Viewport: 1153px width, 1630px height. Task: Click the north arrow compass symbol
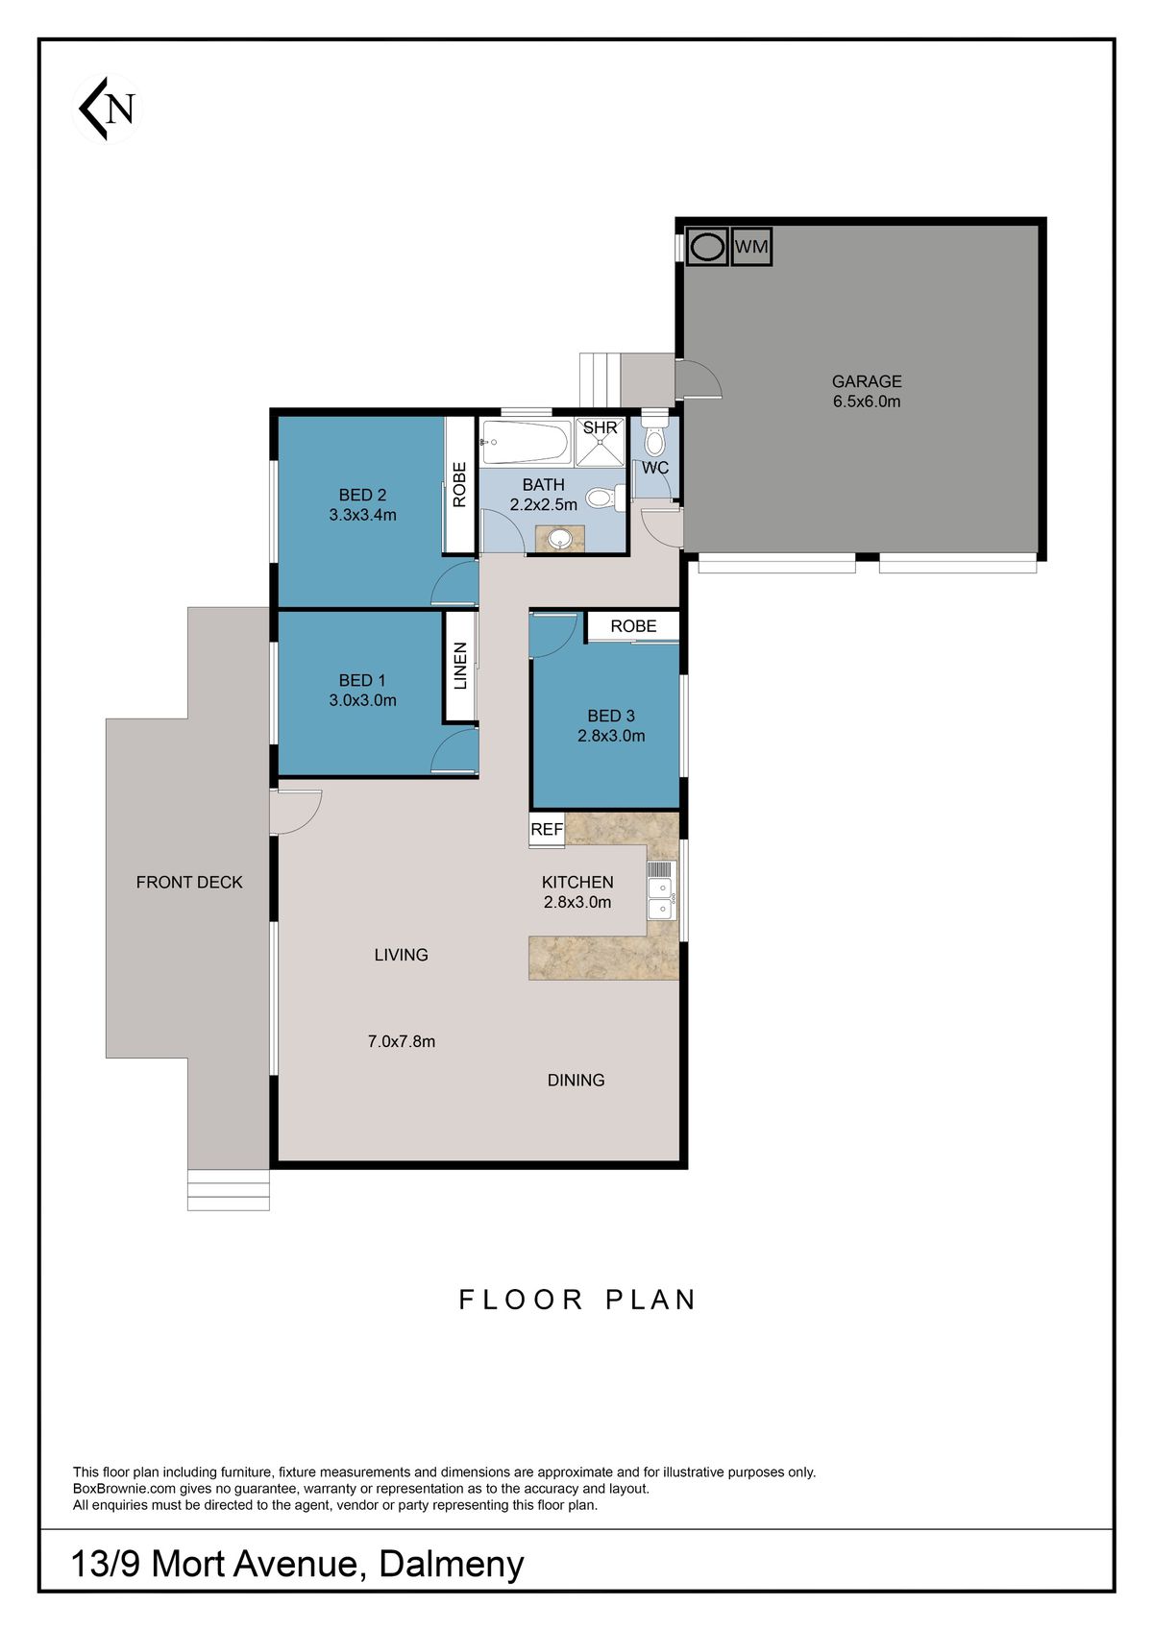tap(107, 109)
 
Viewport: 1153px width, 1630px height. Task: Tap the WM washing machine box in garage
tap(751, 247)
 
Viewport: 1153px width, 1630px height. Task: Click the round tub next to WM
tap(708, 247)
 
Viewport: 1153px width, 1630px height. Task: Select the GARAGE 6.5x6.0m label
tap(867, 392)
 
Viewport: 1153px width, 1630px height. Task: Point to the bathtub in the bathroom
tap(525, 442)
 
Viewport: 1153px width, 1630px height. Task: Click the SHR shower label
tap(600, 428)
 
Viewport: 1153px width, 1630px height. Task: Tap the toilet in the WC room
tap(655, 441)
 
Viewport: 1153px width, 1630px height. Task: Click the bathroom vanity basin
tap(560, 538)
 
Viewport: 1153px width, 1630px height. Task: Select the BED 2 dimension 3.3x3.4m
tap(362, 515)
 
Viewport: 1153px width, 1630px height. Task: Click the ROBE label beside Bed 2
tap(459, 485)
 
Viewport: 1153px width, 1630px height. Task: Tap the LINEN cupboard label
tap(460, 666)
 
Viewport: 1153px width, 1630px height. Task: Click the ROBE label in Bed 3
tap(633, 626)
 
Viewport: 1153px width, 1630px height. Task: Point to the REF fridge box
tap(547, 830)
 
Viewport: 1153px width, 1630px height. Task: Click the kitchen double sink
tap(660, 890)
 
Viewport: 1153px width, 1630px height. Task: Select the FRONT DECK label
tap(189, 882)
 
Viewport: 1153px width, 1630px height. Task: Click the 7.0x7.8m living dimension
tap(402, 1041)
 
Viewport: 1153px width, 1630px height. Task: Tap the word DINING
tap(576, 1081)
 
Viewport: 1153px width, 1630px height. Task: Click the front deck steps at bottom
tap(228, 1190)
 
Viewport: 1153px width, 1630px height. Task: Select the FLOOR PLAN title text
tap(576, 1300)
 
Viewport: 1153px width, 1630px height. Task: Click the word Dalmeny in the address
tap(452, 1565)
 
